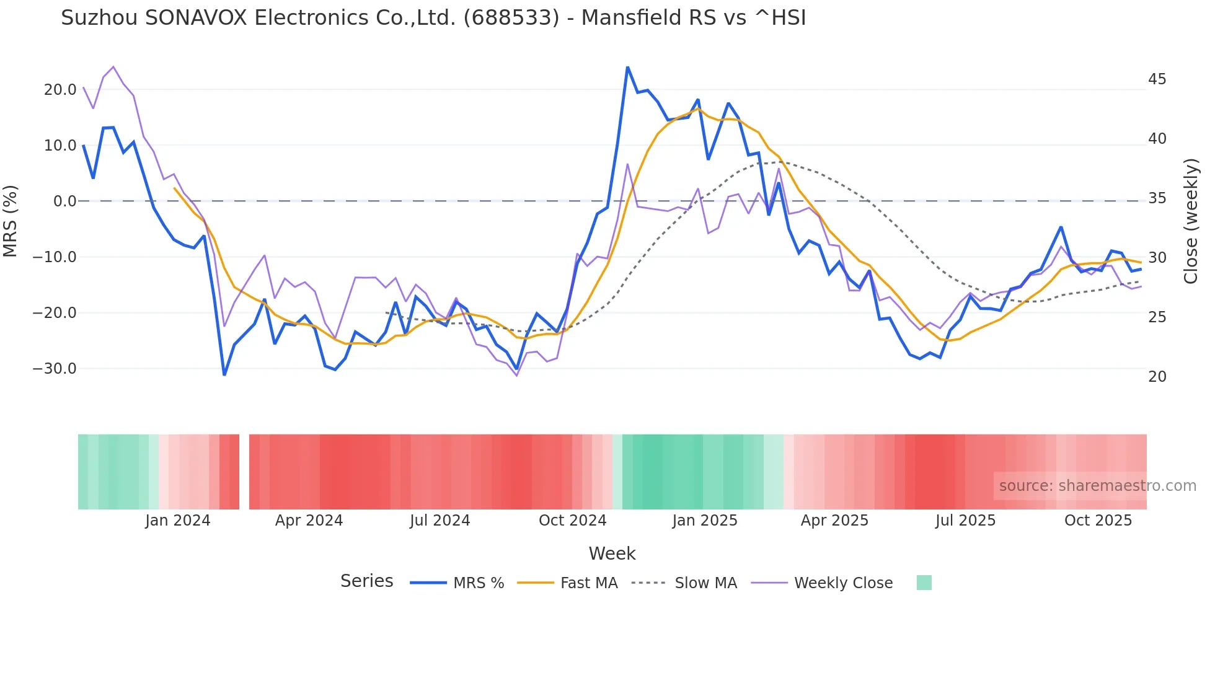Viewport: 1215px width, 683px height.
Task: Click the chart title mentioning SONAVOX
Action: click(433, 18)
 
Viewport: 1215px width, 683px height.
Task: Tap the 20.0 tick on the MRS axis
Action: click(60, 90)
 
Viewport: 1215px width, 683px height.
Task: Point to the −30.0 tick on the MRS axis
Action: click(55, 369)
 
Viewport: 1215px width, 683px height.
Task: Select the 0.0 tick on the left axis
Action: click(64, 201)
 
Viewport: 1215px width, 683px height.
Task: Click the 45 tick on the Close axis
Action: click(1157, 79)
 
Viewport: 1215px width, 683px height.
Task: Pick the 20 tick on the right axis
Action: click(1157, 377)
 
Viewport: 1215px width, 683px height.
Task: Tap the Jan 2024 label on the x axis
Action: click(178, 521)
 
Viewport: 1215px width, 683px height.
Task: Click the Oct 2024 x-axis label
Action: click(572, 521)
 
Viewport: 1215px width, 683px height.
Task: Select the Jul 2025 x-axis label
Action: click(965, 521)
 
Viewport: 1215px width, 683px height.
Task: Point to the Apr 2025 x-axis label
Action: click(834, 521)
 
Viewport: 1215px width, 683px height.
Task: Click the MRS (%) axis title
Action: click(11, 221)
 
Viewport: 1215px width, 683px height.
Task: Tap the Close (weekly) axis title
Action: click(1191, 221)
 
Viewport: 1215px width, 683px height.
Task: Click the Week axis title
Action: click(612, 553)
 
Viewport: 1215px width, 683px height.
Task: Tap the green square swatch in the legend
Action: click(924, 583)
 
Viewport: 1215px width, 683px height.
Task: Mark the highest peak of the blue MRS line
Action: click(627, 67)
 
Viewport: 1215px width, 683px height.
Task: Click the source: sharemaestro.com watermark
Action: click(1097, 486)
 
